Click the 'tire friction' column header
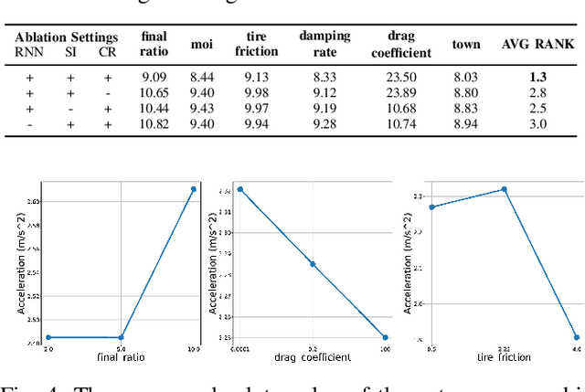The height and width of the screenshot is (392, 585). click(256, 44)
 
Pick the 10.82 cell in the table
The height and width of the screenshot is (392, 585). click(154, 122)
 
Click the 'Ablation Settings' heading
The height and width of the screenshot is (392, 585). click(67, 37)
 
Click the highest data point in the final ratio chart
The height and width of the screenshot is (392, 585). click(194, 189)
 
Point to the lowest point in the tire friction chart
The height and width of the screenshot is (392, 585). click(576, 337)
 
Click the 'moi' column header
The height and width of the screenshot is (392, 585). click(201, 44)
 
